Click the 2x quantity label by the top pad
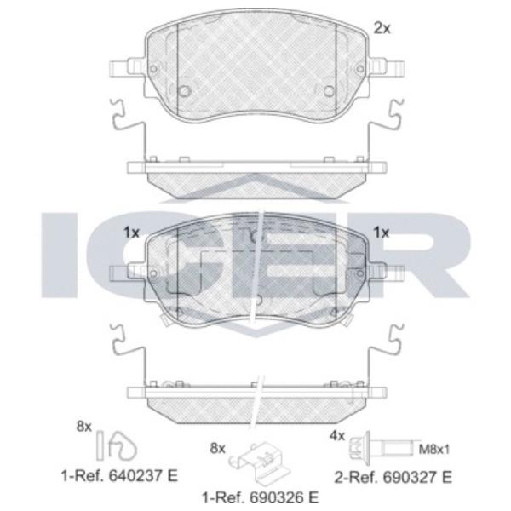[x=382, y=29]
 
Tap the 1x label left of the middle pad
[x=131, y=233]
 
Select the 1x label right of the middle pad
[x=381, y=233]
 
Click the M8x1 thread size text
[x=433, y=450]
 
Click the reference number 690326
[x=277, y=497]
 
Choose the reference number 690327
[x=410, y=478]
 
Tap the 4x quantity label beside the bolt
[x=337, y=436]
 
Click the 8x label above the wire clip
[x=83, y=427]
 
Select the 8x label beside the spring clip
[x=217, y=449]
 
